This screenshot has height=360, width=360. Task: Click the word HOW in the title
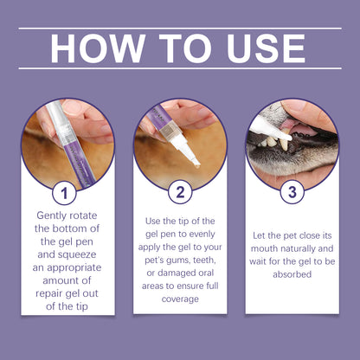(98, 48)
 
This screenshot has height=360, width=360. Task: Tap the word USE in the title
(266, 48)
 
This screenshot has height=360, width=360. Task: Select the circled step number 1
(64, 193)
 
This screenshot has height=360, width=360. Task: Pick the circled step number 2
(180, 192)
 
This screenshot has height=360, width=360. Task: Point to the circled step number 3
(292, 192)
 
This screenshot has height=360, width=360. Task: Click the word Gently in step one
(50, 215)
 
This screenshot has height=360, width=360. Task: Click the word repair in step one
(49, 293)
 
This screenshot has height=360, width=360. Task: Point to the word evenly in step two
(202, 234)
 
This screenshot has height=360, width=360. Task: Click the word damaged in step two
(173, 273)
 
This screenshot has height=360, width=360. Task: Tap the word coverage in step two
(180, 299)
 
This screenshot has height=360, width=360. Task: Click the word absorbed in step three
(292, 274)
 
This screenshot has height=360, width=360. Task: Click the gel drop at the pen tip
(197, 166)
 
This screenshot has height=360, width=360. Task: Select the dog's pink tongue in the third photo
(300, 129)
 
